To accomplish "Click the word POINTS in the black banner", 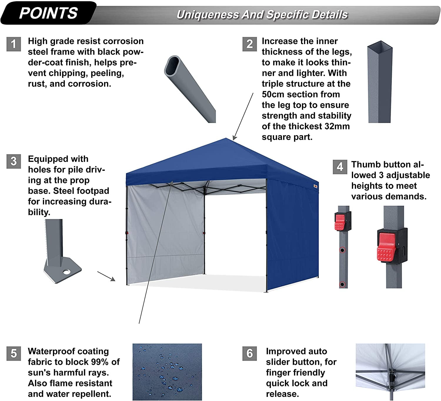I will click(49, 13).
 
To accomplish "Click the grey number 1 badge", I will click(14, 44).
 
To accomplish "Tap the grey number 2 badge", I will click(250, 44).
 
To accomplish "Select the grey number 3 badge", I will click(14, 161).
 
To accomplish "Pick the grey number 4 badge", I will click(340, 167).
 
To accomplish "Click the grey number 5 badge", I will click(14, 353).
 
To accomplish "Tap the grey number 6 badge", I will click(250, 353).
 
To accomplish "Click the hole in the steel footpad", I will click(67, 272).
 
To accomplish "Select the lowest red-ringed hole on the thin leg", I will click(342, 284).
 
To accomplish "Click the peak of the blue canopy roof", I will click(226, 139).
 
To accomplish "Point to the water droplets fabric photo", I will click(167, 372).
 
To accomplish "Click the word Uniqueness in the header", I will click(208, 15).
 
